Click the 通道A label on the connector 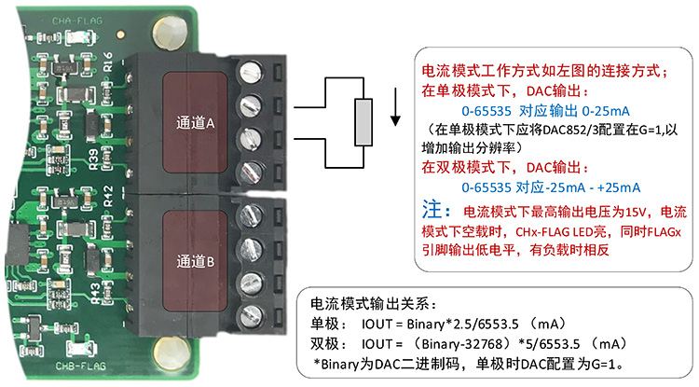coord(196,122)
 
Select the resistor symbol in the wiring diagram coord(363,122)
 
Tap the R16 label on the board coord(110,63)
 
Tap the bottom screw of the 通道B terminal coord(249,314)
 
